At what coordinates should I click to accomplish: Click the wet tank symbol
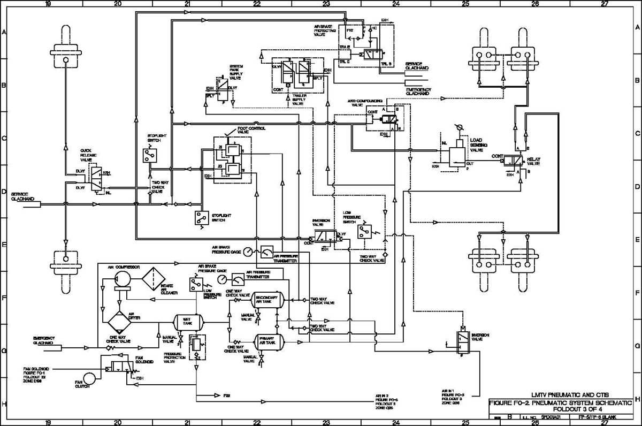tap(188, 322)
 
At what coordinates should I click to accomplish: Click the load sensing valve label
tap(477, 146)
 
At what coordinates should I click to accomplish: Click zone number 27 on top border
tap(604, 4)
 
